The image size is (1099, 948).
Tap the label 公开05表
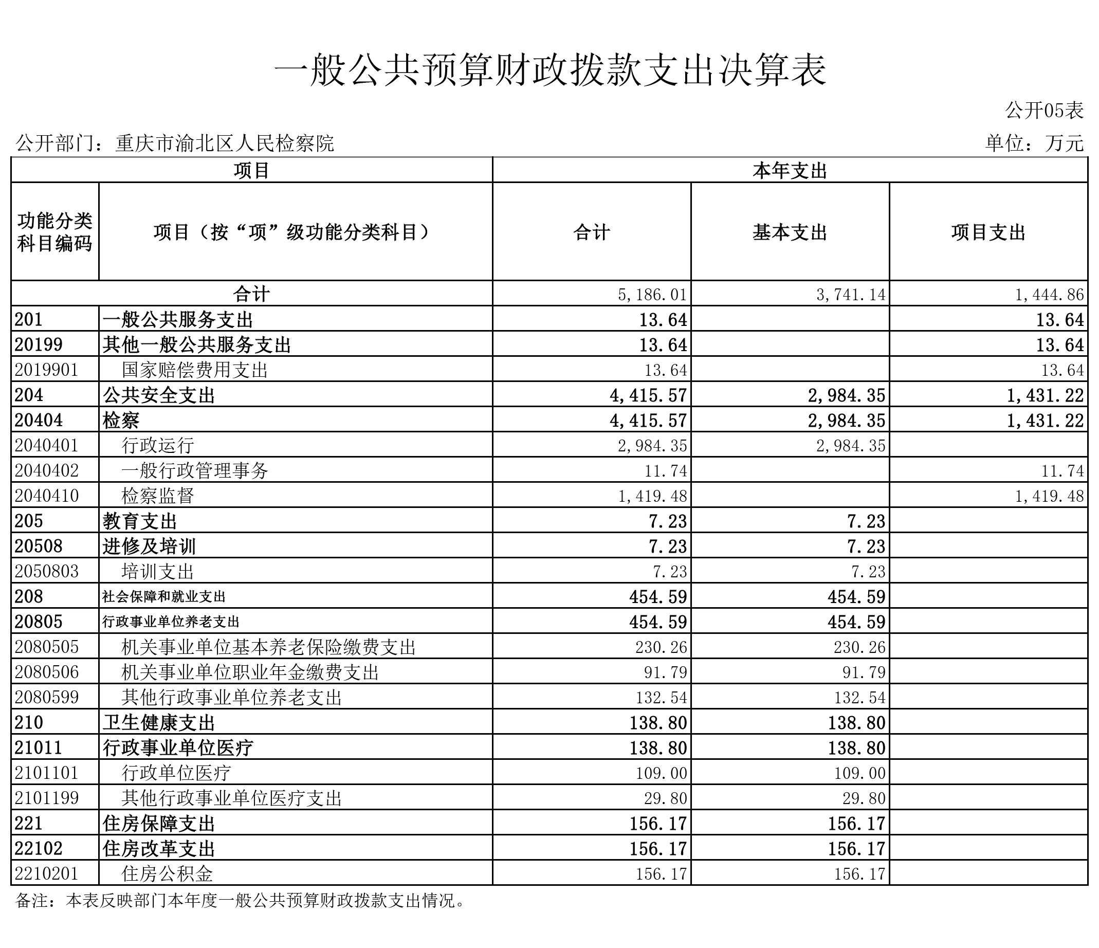1043,111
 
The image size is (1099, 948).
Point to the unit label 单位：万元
1034,143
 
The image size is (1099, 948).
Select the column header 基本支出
790,232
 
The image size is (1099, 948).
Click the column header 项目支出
988,232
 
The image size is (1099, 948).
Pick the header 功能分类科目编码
54,232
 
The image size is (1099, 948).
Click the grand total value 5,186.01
652,294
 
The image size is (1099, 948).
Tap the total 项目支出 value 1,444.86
1049,294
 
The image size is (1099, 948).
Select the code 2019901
47,370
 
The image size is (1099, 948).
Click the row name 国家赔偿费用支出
195,370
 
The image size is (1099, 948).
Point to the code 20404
39,420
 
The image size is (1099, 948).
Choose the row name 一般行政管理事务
195,470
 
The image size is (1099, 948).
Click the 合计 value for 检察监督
652,496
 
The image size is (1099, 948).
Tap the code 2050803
47,571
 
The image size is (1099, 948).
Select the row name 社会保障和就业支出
164,597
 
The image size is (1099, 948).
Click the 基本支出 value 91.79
864,672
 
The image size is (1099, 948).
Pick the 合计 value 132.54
661,697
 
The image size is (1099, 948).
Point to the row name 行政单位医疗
176,773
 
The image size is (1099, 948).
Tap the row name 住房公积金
167,874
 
